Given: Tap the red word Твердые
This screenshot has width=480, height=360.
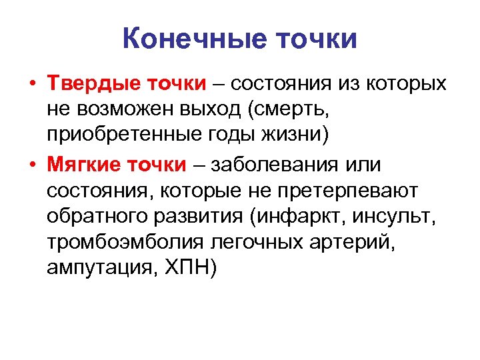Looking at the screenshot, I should (86, 85).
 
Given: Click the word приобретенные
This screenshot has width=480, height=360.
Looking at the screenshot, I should (117, 137).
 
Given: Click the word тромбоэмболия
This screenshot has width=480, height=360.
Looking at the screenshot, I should (114, 243).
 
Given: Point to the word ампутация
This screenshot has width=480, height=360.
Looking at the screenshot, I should (97, 269).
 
